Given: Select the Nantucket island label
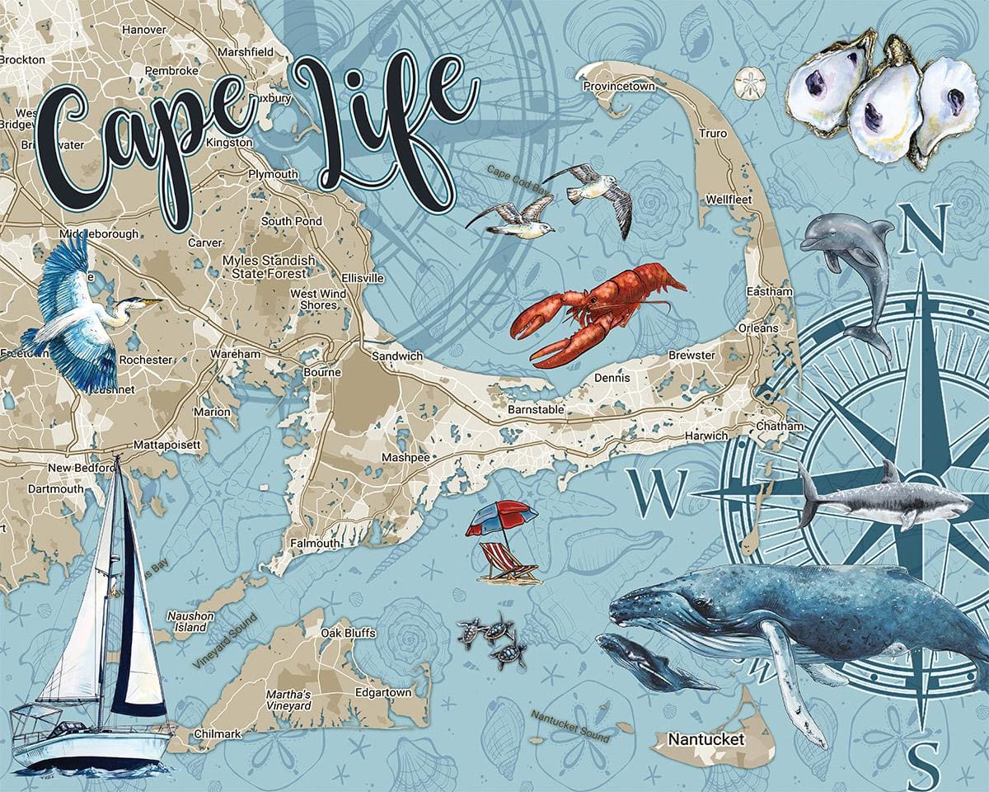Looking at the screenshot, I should point(706,739).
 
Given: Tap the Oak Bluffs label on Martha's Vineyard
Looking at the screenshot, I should point(348,633).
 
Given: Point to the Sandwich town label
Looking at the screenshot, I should point(396,356).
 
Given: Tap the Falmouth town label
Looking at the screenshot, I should point(313,544).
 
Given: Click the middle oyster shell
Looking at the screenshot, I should point(886,103).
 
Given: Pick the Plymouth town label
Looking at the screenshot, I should point(273,174).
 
